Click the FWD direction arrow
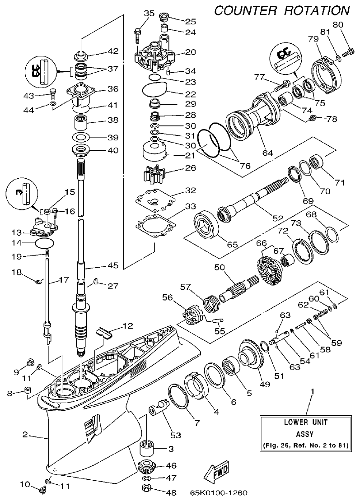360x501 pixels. click(x=216, y=471)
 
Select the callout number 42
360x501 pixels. click(x=113, y=51)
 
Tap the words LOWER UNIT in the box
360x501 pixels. click(x=305, y=423)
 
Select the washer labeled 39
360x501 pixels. click(x=82, y=137)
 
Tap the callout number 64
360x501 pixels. click(x=268, y=153)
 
